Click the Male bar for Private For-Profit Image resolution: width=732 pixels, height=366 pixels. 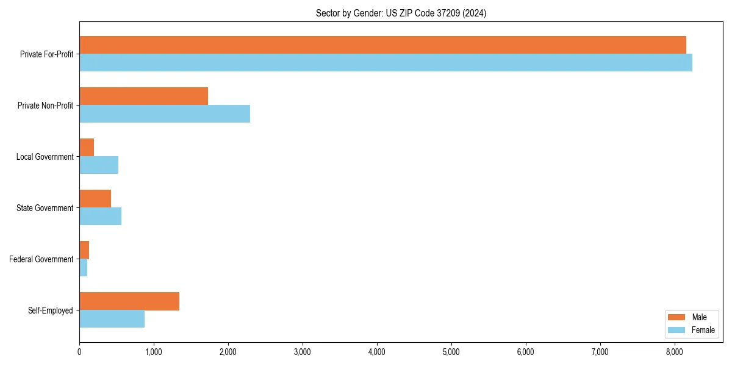[382, 45]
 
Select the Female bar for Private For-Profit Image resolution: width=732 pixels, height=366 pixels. [386, 63]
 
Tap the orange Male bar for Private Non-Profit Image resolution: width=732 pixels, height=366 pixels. [143, 96]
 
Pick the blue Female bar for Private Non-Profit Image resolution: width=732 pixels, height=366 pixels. [165, 114]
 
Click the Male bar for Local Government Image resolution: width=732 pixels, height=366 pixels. [87, 148]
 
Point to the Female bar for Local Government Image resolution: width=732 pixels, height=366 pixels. [99, 165]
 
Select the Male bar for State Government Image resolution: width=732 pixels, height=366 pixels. [95, 199]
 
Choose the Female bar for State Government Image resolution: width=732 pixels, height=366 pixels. [100, 217]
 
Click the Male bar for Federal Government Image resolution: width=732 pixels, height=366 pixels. [84, 250]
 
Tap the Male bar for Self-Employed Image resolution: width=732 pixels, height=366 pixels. [129, 301]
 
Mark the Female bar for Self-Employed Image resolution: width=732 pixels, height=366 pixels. [112, 319]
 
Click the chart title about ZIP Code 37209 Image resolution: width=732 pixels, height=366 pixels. [401, 13]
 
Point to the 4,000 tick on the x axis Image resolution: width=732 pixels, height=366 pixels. [377, 351]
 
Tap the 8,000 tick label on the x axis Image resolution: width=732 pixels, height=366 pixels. [675, 351]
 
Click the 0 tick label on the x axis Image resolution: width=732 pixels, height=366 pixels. [79, 351]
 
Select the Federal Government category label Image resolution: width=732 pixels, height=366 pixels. [41, 259]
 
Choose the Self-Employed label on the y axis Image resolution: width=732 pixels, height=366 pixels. [50, 310]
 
